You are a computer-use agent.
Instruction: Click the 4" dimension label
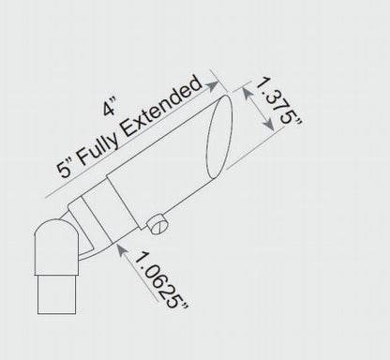[x=110, y=107]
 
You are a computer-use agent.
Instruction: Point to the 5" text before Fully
[x=65, y=168]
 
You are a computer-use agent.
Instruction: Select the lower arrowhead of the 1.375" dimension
[x=269, y=124]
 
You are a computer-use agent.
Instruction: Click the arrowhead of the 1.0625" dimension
[x=121, y=249]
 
